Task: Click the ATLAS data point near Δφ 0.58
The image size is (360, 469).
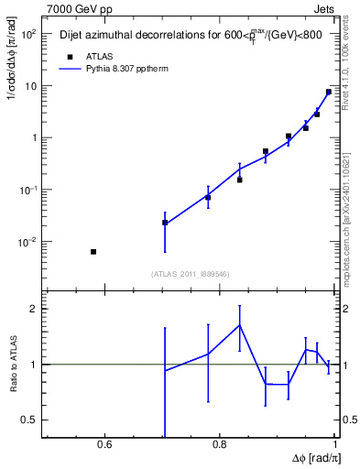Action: (x=93, y=251)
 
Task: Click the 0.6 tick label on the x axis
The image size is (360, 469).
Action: (x=104, y=446)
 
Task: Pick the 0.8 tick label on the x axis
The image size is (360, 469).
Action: (x=220, y=446)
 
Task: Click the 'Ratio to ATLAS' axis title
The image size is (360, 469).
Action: (x=12, y=364)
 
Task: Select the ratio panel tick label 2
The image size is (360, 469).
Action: (x=35, y=309)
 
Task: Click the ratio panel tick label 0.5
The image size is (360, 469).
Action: (x=32, y=420)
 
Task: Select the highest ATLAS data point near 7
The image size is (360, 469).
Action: (x=328, y=92)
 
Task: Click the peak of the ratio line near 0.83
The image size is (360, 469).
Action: (x=239, y=324)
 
